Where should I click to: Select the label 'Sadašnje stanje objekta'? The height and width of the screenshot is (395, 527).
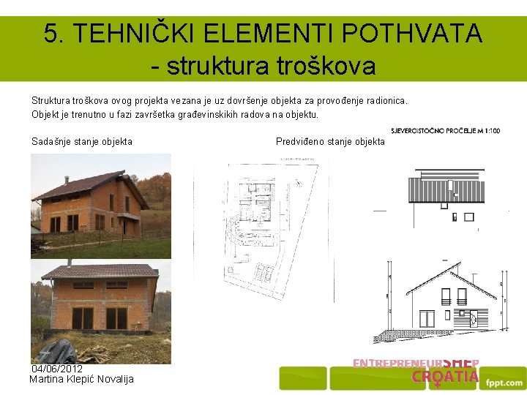82,141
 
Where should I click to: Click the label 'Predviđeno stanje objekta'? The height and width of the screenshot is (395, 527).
330,141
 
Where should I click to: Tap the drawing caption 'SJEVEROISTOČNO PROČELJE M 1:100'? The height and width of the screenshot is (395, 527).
446,131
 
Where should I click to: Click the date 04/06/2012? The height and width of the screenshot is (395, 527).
56,369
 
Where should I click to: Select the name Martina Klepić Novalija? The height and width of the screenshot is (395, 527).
81,379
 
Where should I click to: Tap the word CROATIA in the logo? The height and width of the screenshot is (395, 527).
444,377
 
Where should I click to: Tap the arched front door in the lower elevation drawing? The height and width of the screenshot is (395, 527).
472,318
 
